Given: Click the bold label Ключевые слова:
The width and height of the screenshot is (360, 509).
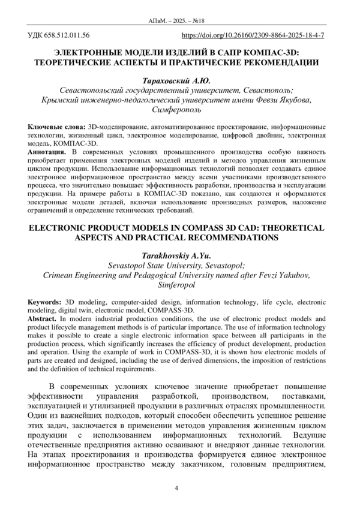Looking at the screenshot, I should tap(57, 128).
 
